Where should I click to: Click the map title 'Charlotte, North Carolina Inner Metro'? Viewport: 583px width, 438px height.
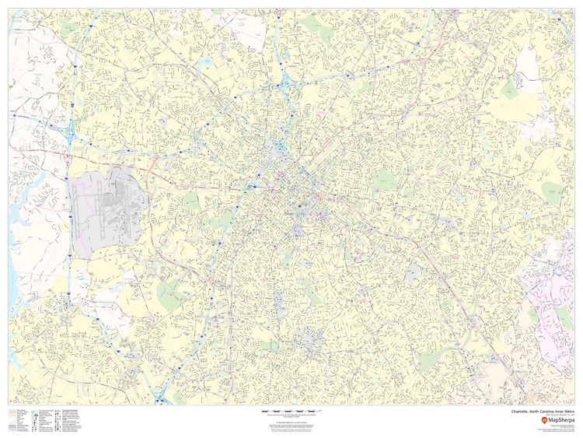pyautogui.click(x=543, y=412)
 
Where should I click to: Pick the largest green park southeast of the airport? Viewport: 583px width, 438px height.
pyautogui.click(x=170, y=295)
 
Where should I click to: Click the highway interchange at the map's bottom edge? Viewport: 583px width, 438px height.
pyautogui.click(x=160, y=398)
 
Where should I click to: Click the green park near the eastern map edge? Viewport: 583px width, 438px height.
pyautogui.click(x=551, y=191)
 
